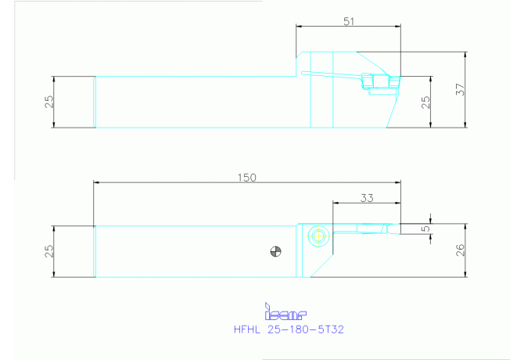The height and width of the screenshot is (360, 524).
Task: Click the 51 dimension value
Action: pyautogui.click(x=349, y=21)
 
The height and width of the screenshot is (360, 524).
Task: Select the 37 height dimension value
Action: pyautogui.click(x=460, y=89)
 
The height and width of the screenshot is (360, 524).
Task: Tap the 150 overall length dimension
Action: pyautogui.click(x=247, y=178)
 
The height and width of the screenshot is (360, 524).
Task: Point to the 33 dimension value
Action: pyautogui.click(x=367, y=198)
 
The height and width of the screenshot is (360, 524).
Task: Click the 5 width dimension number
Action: pyautogui.click(x=425, y=229)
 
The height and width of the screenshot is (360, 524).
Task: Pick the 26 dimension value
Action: pyautogui.click(x=460, y=250)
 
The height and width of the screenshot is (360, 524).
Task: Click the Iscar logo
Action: pyautogui.click(x=285, y=311)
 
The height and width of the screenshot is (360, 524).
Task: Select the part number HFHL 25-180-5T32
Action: pyautogui.click(x=289, y=330)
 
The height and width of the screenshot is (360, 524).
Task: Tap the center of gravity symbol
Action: pyautogui.click(x=276, y=251)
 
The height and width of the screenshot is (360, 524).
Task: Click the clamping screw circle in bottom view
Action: pyautogui.click(x=318, y=236)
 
